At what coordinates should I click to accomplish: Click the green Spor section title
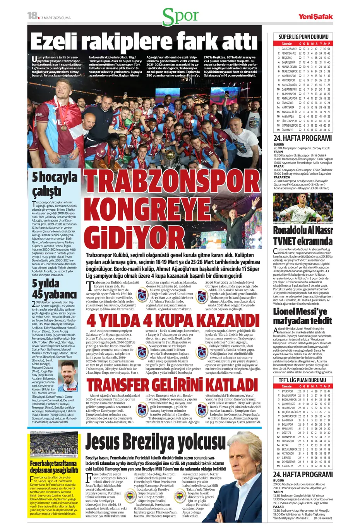point(180,16)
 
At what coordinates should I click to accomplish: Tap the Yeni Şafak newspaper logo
point(315,17)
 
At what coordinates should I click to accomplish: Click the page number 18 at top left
point(33,15)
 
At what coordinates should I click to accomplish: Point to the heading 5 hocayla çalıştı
point(54,184)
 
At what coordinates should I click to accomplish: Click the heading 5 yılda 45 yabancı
point(54,289)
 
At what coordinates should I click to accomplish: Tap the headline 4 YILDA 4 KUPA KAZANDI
point(173,321)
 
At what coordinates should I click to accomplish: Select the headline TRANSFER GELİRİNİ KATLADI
point(172,385)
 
